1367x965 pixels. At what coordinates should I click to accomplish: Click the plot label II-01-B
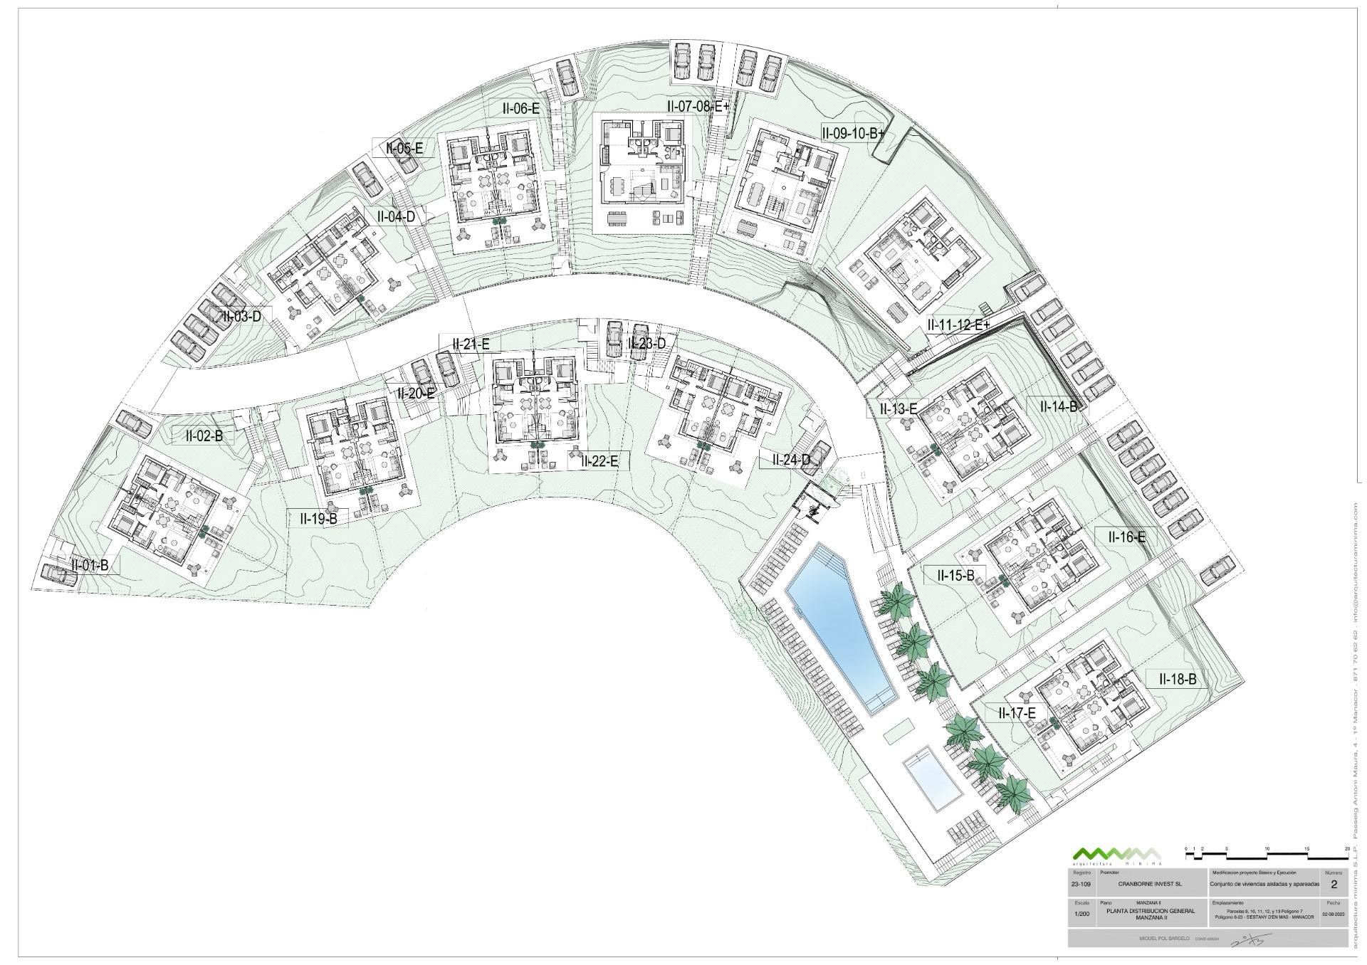[x=90, y=566]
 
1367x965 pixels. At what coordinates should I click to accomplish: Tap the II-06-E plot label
[x=520, y=109]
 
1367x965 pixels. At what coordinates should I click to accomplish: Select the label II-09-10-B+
[x=852, y=132]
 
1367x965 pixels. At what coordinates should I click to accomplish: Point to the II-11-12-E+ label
[x=958, y=325]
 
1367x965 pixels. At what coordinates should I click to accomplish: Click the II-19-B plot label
[x=318, y=519]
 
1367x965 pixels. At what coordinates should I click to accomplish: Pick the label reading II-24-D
[x=791, y=460]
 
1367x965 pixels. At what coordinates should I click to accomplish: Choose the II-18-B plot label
[x=1178, y=680]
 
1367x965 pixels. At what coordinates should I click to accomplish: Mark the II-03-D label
[x=242, y=317]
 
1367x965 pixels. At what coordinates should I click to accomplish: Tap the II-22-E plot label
[x=599, y=461]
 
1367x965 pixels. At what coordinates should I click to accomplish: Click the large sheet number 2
[x=1334, y=885]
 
